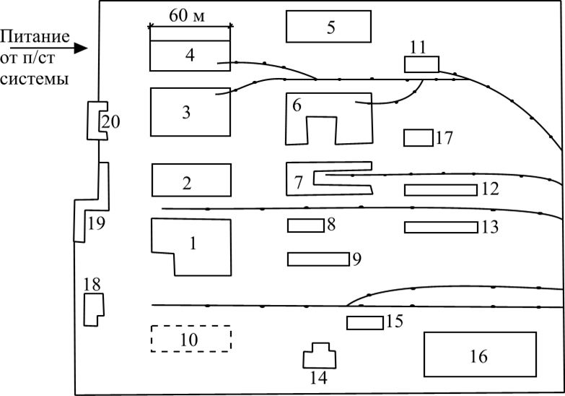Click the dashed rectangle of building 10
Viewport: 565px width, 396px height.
pyautogui.click(x=190, y=338)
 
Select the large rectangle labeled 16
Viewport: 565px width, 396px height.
pyautogui.click(x=479, y=354)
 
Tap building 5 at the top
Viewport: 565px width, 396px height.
pyautogui.click(x=329, y=27)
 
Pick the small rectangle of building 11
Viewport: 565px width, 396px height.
pyautogui.click(x=421, y=64)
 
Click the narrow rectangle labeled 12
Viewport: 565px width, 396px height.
pyautogui.click(x=440, y=190)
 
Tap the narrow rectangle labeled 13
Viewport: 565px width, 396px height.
pyautogui.click(x=440, y=227)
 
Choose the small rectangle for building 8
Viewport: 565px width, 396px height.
pyautogui.click(x=305, y=225)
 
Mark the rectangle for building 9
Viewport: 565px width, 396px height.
pyautogui.click(x=318, y=259)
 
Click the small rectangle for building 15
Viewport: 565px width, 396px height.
pyautogui.click(x=364, y=323)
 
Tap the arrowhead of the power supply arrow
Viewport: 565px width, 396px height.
pyautogui.click(x=82, y=49)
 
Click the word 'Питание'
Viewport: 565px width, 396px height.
pyautogui.click(x=35, y=37)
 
